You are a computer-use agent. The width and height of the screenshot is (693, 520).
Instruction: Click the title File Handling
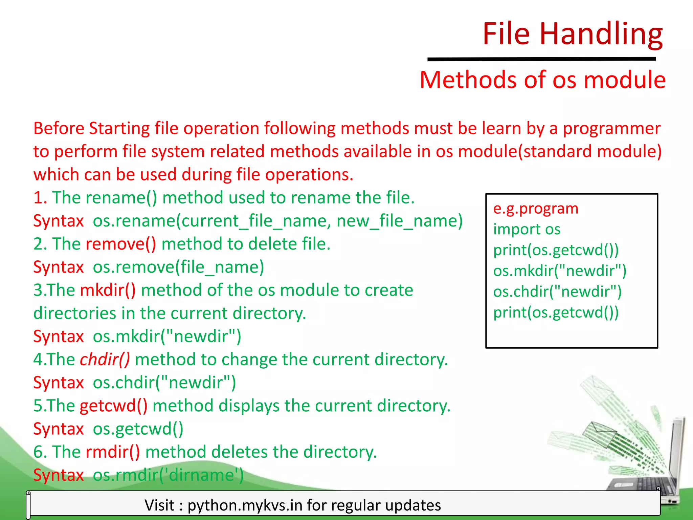pyautogui.click(x=572, y=34)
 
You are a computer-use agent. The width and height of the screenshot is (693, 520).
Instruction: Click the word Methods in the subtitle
pyautogui.click(x=468, y=80)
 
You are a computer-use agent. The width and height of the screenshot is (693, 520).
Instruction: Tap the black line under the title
pyautogui.click(x=541, y=59)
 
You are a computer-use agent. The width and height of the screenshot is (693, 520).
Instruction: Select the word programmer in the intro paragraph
pyautogui.click(x=611, y=129)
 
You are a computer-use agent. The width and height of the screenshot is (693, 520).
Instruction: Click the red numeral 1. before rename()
pyautogui.click(x=40, y=198)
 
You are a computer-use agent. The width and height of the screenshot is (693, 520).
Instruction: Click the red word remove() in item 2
pyautogui.click(x=121, y=244)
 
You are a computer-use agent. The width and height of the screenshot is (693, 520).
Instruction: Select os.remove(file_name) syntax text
pyautogui.click(x=178, y=267)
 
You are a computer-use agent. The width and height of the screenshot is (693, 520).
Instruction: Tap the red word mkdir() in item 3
pyautogui.click(x=108, y=290)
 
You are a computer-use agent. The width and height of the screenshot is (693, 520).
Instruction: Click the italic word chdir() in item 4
pyautogui.click(x=105, y=360)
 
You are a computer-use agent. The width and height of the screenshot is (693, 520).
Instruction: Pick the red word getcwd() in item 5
pyautogui.click(x=114, y=406)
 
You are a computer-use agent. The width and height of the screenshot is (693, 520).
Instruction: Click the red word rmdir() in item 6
pyautogui.click(x=113, y=452)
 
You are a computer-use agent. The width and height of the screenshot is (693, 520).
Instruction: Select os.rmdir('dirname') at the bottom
pyautogui.click(x=168, y=475)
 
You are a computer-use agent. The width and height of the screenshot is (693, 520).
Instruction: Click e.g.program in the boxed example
pyautogui.click(x=536, y=209)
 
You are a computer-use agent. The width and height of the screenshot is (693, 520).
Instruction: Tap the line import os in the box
pyautogui.click(x=527, y=230)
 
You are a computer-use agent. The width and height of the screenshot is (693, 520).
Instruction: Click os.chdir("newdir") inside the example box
pyautogui.click(x=557, y=292)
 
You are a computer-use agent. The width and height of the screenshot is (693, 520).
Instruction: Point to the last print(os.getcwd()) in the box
pyautogui.click(x=556, y=312)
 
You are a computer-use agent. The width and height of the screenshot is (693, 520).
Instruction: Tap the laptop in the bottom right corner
pyautogui.click(x=653, y=474)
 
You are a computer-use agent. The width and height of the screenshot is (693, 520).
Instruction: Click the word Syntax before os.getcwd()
pyautogui.click(x=58, y=429)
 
